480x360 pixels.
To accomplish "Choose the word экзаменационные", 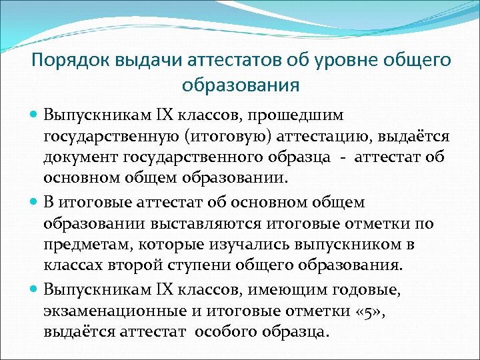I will (x=107, y=311).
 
